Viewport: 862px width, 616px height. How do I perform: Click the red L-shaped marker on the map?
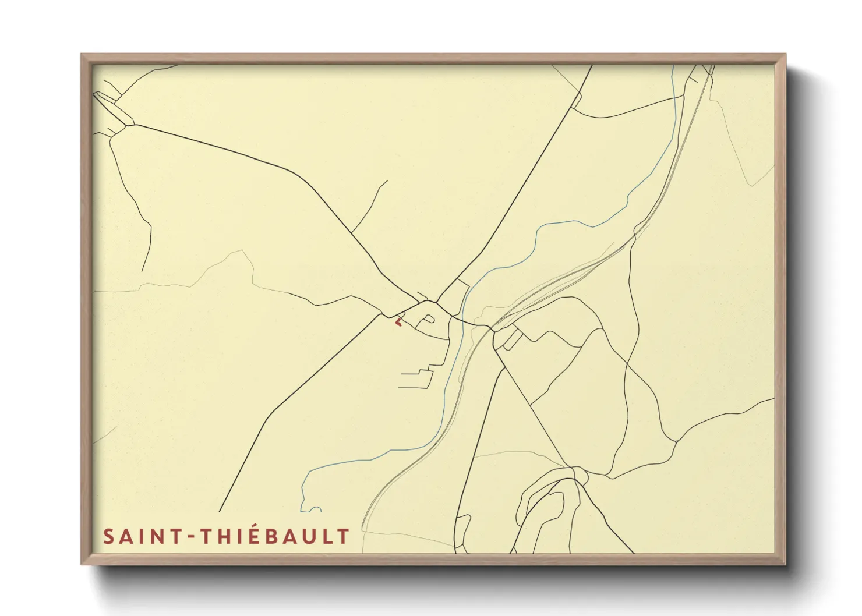point(398,321)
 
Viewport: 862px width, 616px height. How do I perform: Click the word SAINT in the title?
point(142,536)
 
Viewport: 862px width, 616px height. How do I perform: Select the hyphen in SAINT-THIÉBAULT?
point(190,537)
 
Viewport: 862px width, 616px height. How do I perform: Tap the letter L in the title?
point(331,536)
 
